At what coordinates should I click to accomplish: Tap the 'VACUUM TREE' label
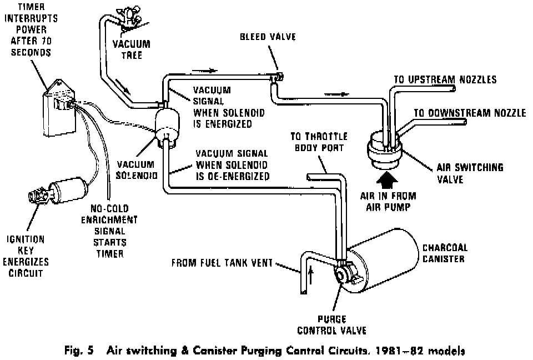pos(131,50)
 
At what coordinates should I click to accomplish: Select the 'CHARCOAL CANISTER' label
pos(445,253)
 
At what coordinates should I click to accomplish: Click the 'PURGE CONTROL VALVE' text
pos(331,324)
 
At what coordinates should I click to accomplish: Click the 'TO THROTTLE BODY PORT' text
pos(318,141)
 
